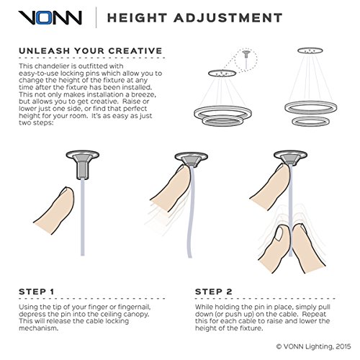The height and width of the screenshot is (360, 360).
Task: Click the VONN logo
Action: (x=50, y=17)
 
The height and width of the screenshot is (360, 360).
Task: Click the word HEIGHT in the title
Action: (x=137, y=18)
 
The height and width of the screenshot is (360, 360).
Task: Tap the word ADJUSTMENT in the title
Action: (x=228, y=18)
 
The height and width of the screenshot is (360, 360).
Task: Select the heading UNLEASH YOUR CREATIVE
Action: (x=91, y=51)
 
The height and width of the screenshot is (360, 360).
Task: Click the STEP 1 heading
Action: (x=37, y=292)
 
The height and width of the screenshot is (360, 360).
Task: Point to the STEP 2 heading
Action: (x=214, y=292)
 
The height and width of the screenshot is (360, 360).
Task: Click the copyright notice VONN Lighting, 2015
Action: (x=313, y=346)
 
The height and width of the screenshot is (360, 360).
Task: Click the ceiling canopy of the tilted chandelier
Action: (x=222, y=73)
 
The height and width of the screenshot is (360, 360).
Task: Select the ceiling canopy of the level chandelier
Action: (x=310, y=50)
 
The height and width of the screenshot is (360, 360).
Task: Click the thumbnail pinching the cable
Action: (x=279, y=234)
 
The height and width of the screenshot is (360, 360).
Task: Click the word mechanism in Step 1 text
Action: (x=39, y=328)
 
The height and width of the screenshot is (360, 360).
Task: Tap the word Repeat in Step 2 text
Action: (x=314, y=314)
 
